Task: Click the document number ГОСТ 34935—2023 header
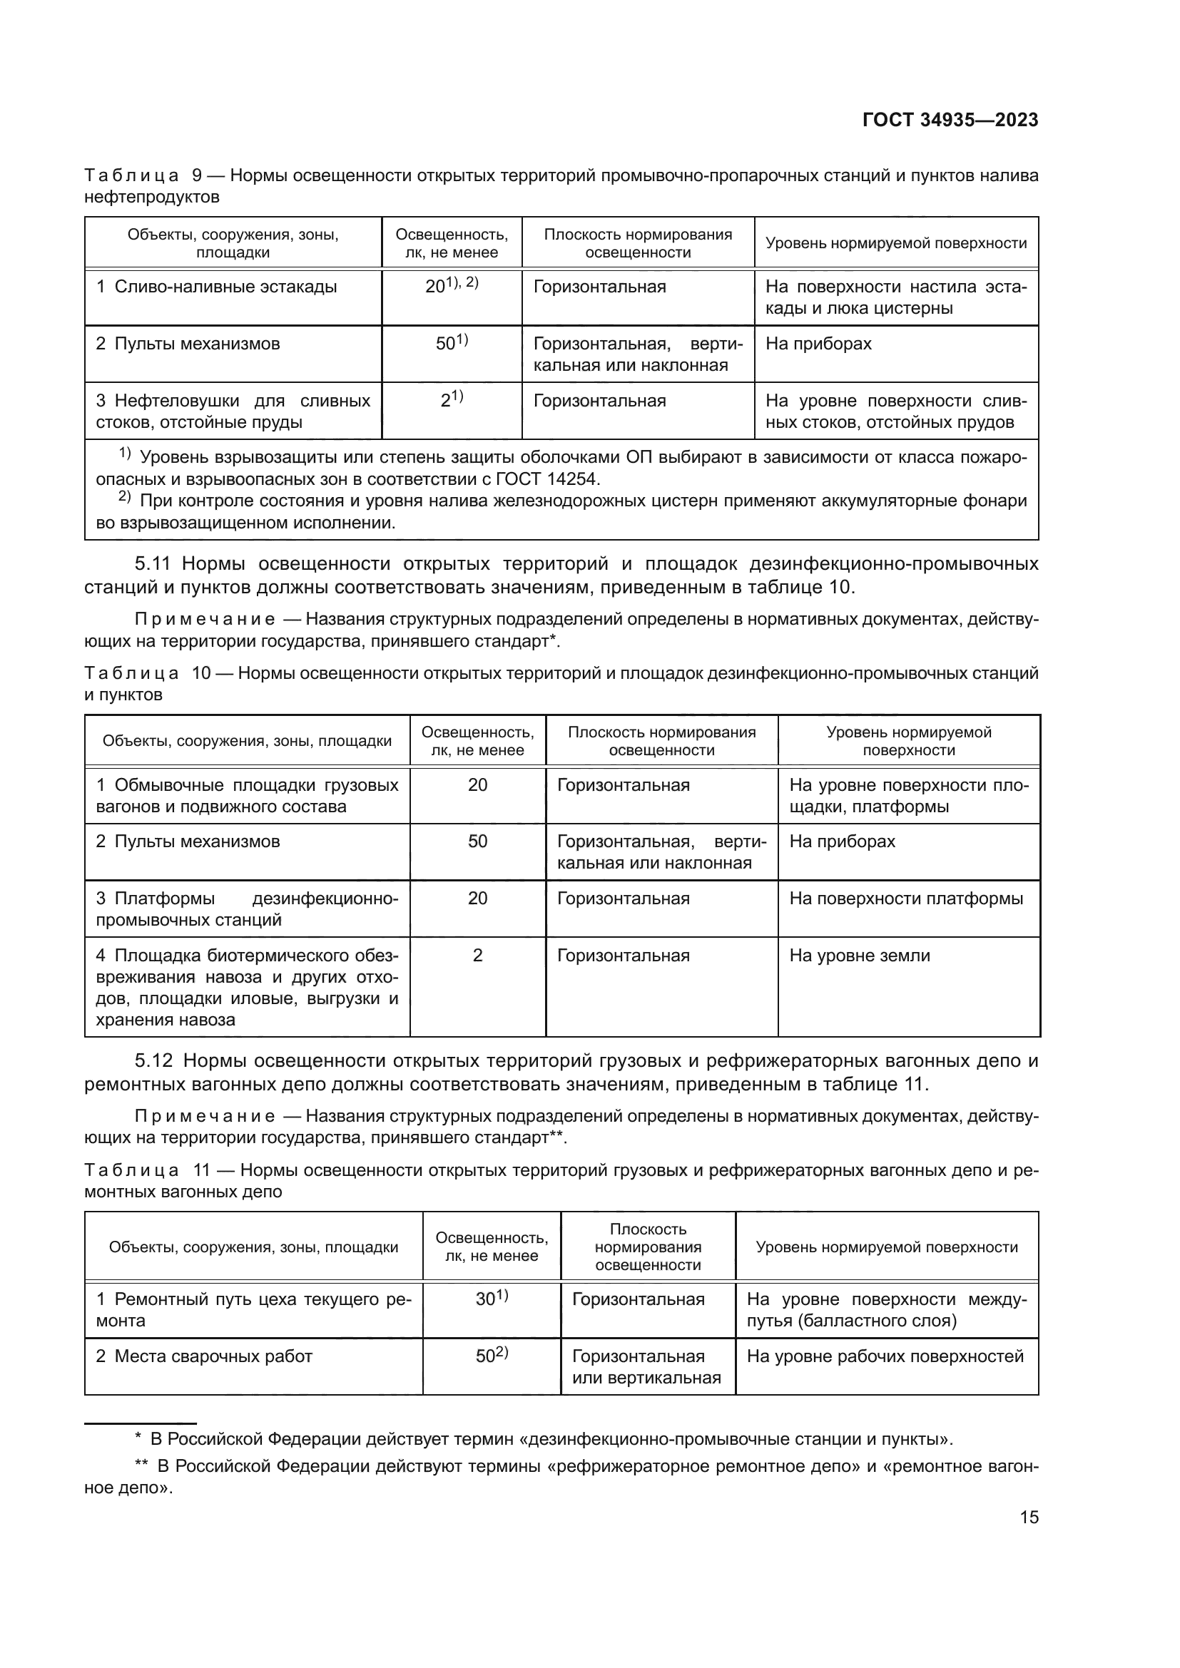950,120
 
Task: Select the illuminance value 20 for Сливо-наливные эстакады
437,287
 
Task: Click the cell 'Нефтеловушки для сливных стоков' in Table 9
233,411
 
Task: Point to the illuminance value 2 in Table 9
446,401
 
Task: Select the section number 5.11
153,564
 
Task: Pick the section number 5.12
153,1060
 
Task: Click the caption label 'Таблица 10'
146,673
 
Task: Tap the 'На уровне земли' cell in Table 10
860,956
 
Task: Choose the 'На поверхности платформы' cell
906,899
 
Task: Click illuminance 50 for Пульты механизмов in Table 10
477,842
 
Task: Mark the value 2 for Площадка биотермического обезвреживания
477,956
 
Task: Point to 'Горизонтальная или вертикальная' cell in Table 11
646,1366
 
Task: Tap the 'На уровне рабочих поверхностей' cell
885,1356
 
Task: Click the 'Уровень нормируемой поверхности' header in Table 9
896,243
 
